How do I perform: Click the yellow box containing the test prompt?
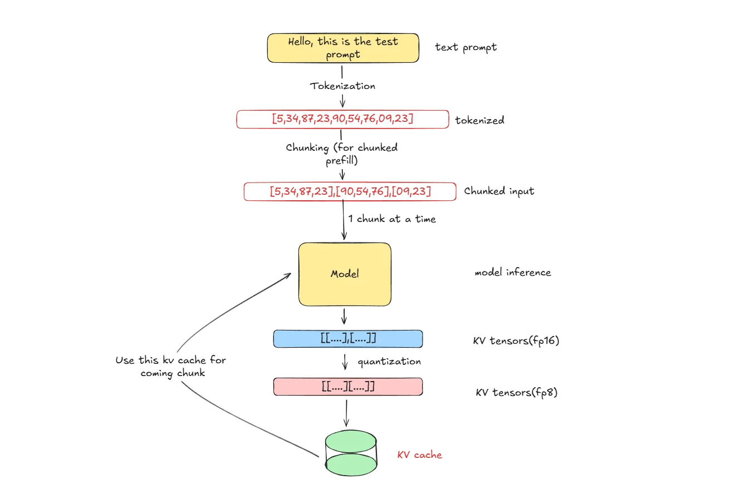(x=342, y=48)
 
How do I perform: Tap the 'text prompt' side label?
(x=466, y=47)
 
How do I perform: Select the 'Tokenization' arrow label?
(x=342, y=86)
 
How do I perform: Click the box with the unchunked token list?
(x=342, y=119)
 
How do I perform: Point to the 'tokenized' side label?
(x=479, y=120)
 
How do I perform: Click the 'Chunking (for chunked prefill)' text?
(x=341, y=154)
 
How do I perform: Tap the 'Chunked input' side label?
(x=499, y=191)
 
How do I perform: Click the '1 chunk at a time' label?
(x=392, y=219)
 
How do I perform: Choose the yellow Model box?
(x=345, y=274)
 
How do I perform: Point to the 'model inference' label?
(x=512, y=273)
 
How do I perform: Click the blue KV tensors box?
(x=347, y=339)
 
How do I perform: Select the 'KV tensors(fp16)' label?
(x=516, y=340)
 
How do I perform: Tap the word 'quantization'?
(x=389, y=362)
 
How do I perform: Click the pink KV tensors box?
(x=347, y=387)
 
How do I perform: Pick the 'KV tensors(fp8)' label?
(x=516, y=393)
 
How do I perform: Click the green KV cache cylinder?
(x=351, y=451)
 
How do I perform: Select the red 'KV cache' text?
(x=419, y=455)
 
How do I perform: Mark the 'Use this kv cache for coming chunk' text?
(x=170, y=367)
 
